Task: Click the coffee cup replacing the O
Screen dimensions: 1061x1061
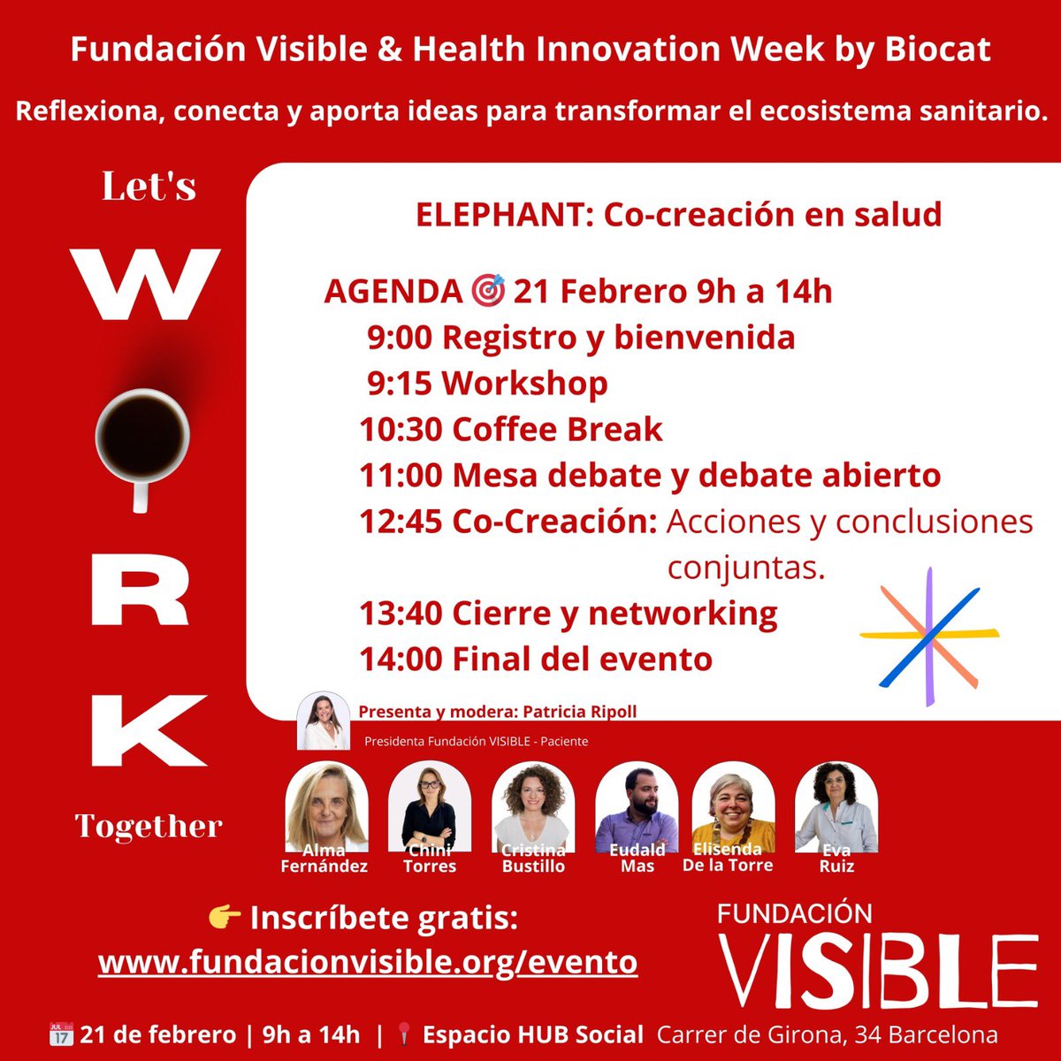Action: click(x=141, y=437)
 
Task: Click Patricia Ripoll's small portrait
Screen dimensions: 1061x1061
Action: click(x=324, y=720)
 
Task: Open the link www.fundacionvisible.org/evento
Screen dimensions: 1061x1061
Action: click(x=368, y=961)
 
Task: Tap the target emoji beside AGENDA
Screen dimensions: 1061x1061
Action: click(x=487, y=291)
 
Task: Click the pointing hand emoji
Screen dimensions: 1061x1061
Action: click(x=225, y=919)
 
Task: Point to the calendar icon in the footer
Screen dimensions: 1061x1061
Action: click(x=61, y=1034)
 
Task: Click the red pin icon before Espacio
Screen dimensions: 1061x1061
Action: click(x=405, y=1034)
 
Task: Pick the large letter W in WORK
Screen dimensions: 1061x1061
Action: click(x=146, y=285)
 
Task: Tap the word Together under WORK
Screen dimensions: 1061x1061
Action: click(x=149, y=827)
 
